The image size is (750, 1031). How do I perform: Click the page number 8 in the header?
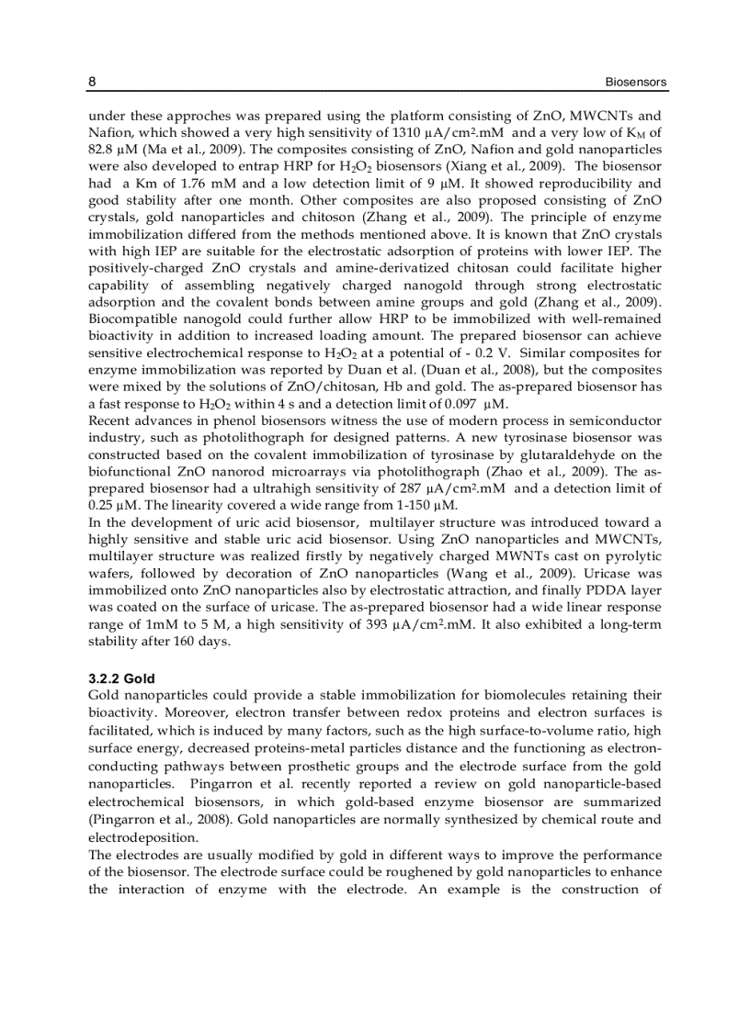[x=92, y=82]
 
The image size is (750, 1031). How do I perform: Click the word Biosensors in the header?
[x=635, y=82]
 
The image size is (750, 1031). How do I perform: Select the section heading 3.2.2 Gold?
[x=121, y=679]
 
